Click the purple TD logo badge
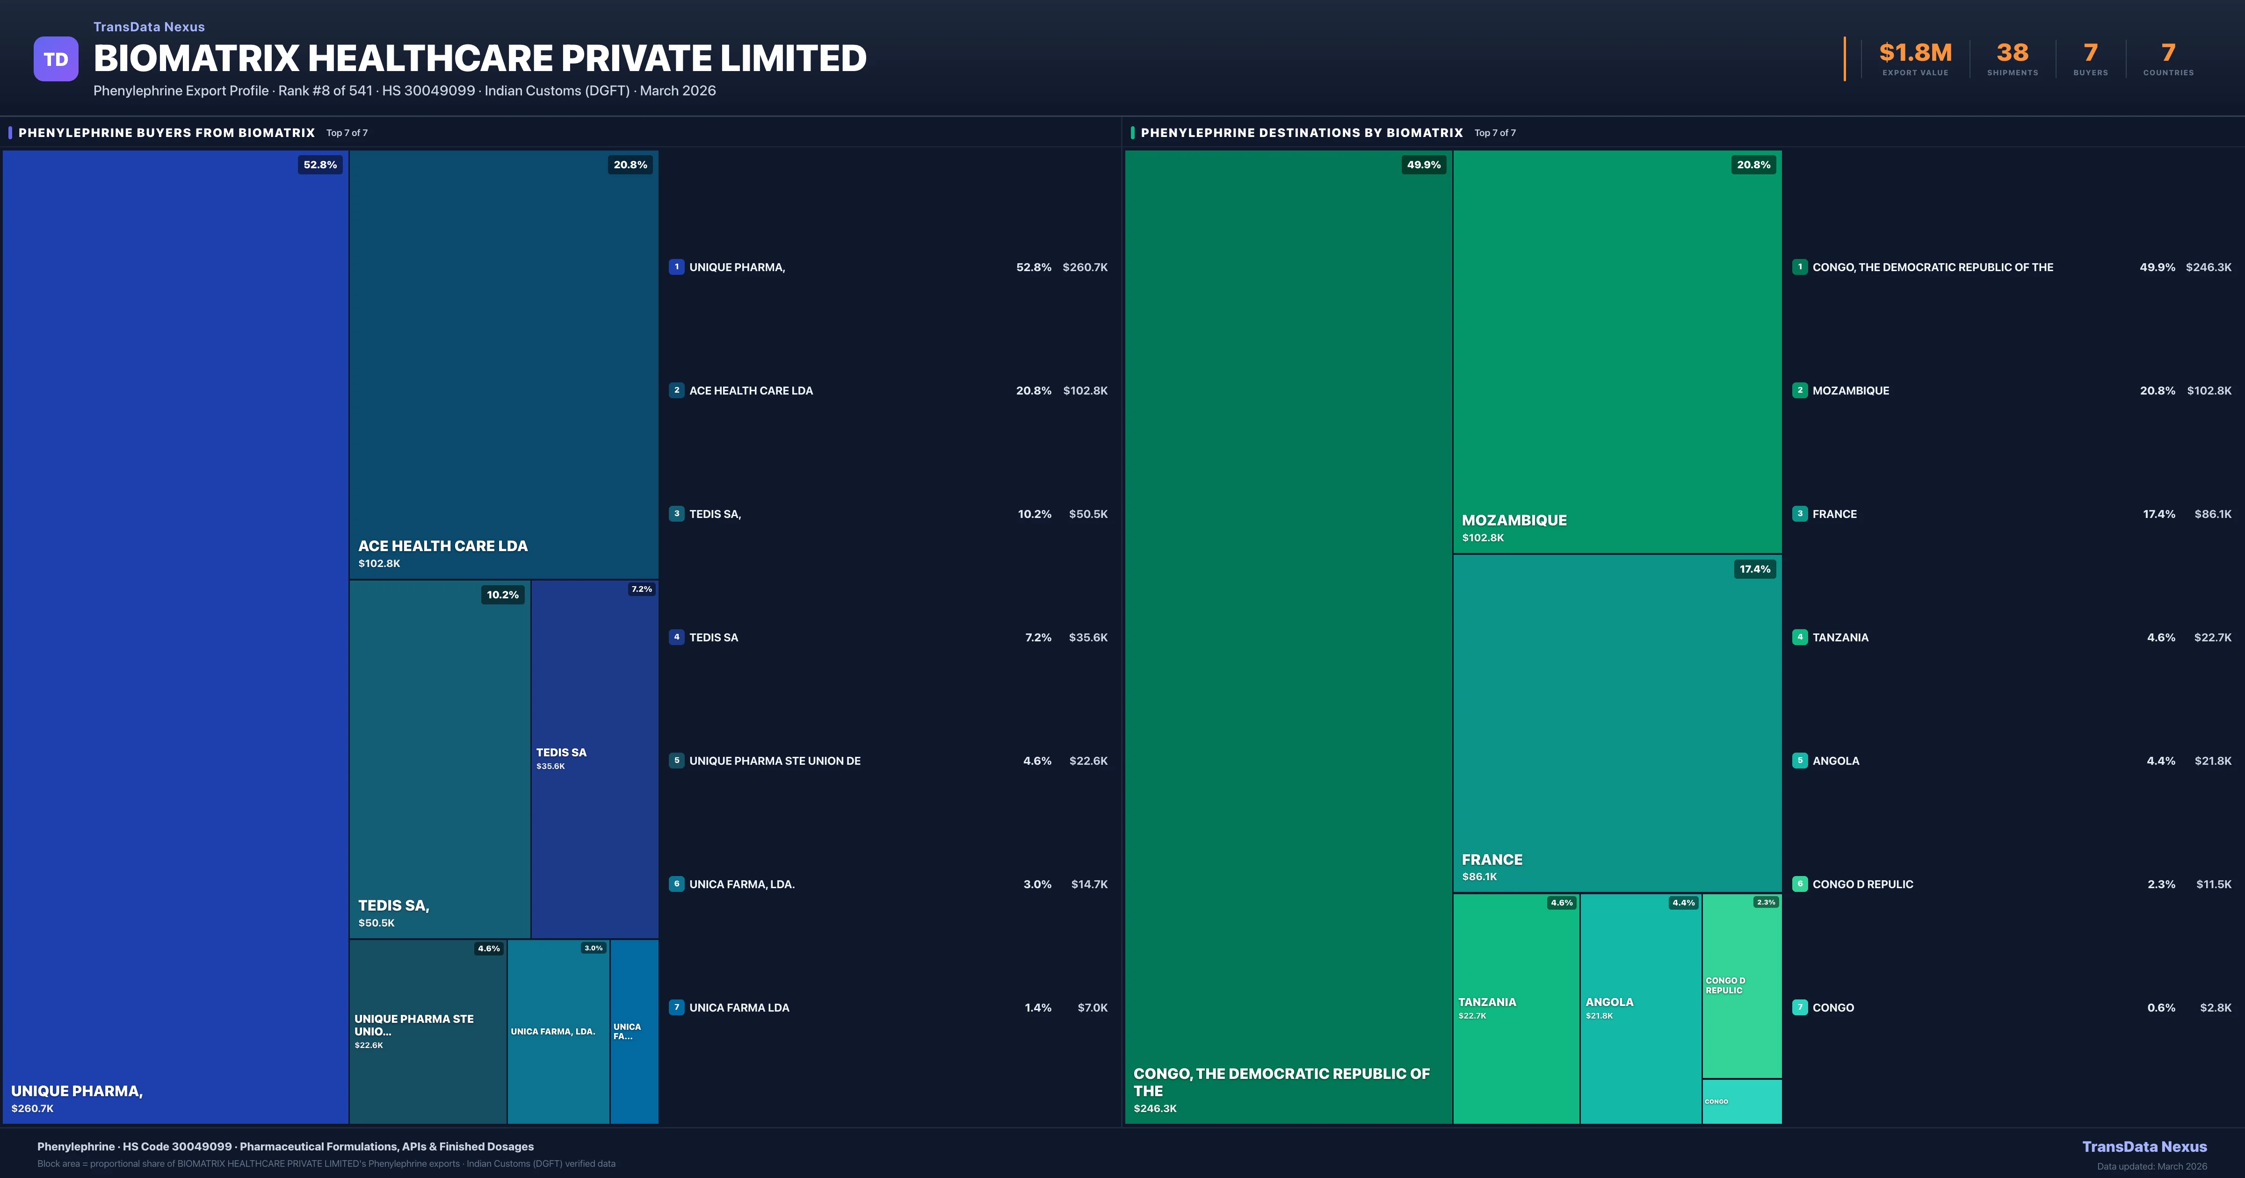(56, 59)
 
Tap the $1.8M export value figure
(1915, 53)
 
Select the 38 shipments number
(2012, 53)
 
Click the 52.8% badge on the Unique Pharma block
(320, 165)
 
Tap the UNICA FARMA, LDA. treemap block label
(552, 1032)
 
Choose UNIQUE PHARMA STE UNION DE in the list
(775, 761)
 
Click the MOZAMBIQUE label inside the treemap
(1514, 520)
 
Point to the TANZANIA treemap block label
(1487, 1002)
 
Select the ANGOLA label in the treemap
(1609, 1002)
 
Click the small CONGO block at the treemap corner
(1741, 1101)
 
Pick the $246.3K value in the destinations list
(2208, 267)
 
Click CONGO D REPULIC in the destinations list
(1862, 884)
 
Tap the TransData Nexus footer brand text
(2144, 1147)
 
